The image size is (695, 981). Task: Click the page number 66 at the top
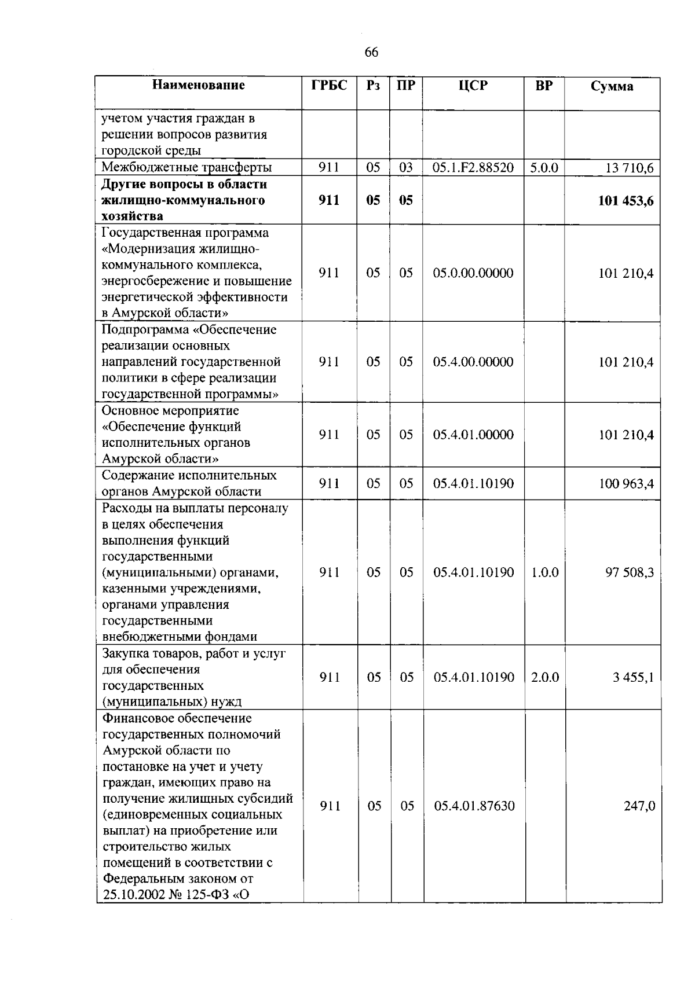point(371,53)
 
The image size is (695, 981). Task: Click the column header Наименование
point(199,85)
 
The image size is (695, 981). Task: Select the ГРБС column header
point(329,85)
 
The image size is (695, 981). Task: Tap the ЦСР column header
point(473,85)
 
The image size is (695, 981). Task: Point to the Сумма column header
point(612,86)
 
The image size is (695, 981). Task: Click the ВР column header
point(544,85)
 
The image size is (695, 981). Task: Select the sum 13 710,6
point(629,168)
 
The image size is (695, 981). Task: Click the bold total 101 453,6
point(625,201)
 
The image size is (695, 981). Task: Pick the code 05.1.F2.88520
point(473,168)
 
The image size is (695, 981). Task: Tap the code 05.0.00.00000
point(473,273)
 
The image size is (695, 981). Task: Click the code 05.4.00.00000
point(473,362)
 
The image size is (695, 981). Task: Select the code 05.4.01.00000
point(473,435)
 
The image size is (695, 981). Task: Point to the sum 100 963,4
point(626,483)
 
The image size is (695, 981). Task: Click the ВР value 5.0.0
point(544,168)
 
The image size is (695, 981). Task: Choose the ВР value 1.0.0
point(544,572)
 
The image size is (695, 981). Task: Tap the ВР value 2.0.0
point(544,677)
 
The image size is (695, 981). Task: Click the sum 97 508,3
point(629,572)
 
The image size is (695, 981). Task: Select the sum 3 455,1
point(633,677)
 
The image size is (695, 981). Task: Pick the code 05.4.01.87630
point(474,806)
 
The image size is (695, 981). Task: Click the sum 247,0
point(639,806)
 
